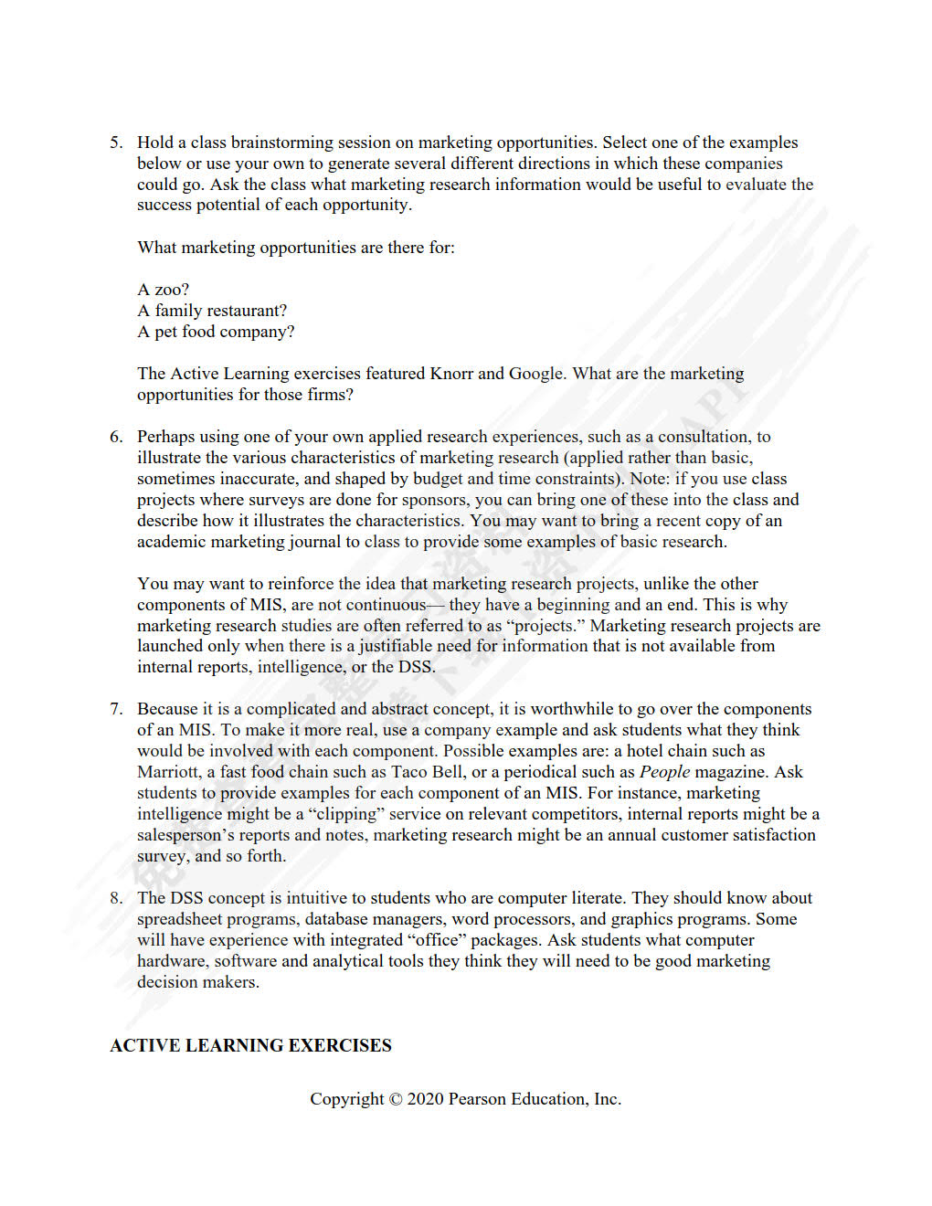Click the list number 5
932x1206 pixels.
point(115,143)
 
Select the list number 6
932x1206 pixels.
point(115,437)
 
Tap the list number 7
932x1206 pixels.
point(115,709)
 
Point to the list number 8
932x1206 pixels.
point(115,898)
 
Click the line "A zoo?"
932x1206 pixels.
point(164,290)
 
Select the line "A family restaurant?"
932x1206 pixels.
point(212,311)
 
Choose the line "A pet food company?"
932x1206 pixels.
point(216,332)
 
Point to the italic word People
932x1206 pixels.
point(664,772)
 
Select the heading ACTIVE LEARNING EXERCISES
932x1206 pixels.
point(250,1046)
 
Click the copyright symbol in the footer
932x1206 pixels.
point(396,1099)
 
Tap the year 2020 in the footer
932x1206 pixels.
point(425,1099)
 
